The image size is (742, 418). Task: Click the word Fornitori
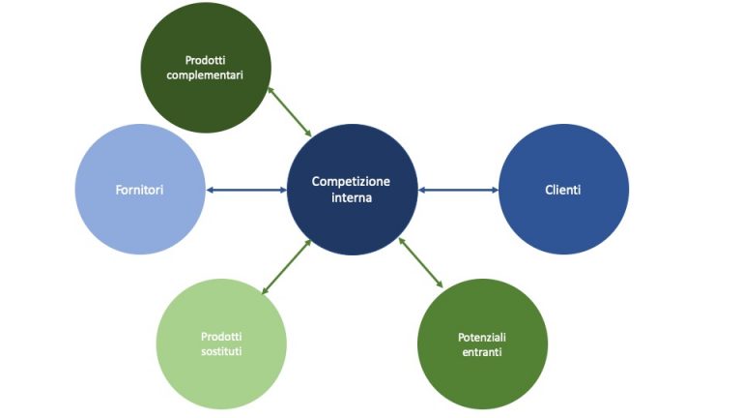tap(140, 190)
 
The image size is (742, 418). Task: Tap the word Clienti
tap(563, 190)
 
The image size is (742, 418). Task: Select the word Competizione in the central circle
tap(351, 181)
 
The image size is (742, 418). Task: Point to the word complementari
tap(207, 74)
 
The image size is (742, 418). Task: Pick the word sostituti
tap(221, 351)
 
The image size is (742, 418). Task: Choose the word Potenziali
tap(482, 337)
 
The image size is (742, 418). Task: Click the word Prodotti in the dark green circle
tap(207, 59)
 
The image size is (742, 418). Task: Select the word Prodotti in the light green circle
tap(221, 336)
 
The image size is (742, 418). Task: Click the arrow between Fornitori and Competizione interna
tap(246, 190)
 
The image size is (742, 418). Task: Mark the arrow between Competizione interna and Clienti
tap(458, 190)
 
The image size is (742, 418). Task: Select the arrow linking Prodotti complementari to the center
tap(290, 111)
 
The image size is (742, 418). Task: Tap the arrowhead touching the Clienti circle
tap(494, 190)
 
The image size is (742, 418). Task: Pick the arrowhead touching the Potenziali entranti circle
tap(440, 284)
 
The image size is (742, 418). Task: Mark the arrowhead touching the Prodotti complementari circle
tap(271, 90)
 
